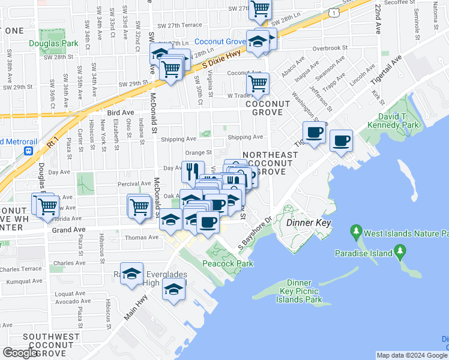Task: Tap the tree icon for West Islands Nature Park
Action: point(356,230)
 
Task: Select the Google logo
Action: point(20,353)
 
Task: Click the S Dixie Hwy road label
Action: point(221,59)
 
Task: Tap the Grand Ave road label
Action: point(65,229)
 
